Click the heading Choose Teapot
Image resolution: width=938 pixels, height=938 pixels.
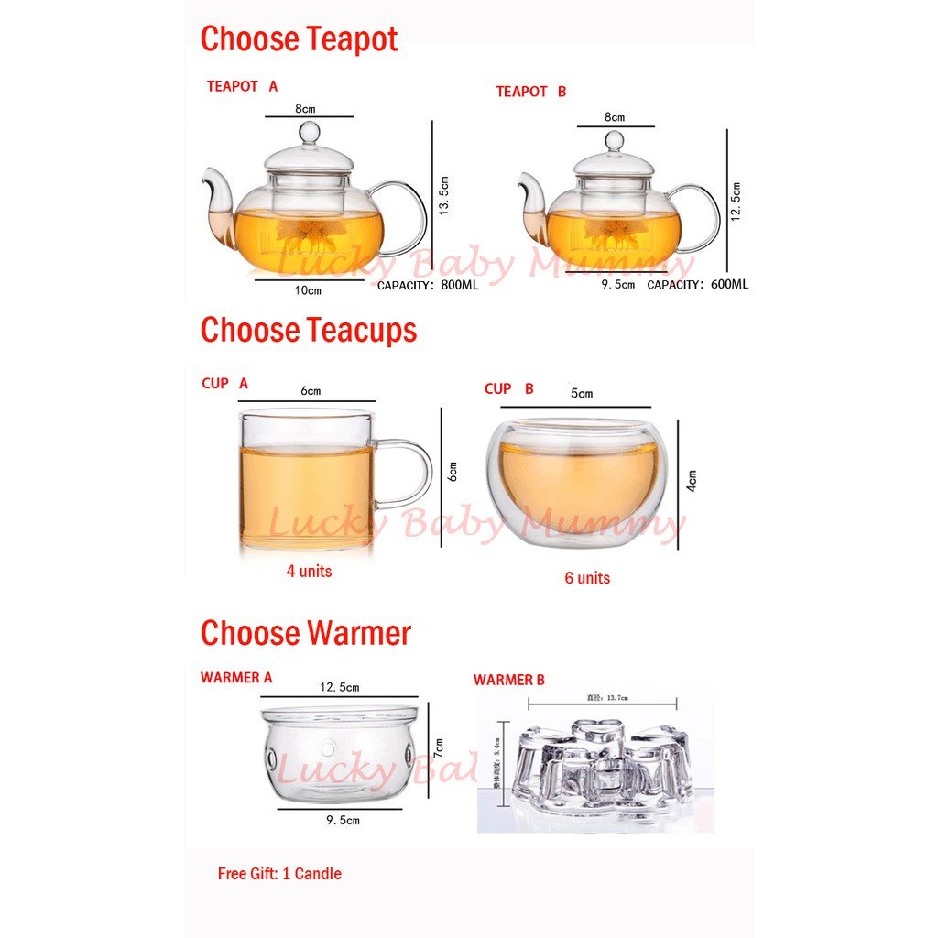pos(299,39)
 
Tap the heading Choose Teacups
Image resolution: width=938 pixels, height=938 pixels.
pos(308,330)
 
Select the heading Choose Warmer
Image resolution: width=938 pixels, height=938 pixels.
pos(305,633)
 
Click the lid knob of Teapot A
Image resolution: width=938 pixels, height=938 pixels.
pos(310,132)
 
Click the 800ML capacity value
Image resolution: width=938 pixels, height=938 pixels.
pos(459,285)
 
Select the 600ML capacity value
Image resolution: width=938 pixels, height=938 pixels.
pos(728,285)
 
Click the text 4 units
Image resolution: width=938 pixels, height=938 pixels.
pos(309,572)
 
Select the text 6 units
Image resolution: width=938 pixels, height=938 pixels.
pos(586,578)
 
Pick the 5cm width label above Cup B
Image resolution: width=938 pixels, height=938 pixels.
pos(582,394)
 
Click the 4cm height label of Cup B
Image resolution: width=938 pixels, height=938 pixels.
pos(693,481)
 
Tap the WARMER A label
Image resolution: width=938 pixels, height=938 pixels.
pos(236,678)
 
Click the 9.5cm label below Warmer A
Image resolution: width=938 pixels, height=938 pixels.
pos(344,820)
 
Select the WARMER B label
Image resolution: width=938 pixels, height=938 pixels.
pos(508,680)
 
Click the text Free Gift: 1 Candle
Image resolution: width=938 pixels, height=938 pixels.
pos(279,874)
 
